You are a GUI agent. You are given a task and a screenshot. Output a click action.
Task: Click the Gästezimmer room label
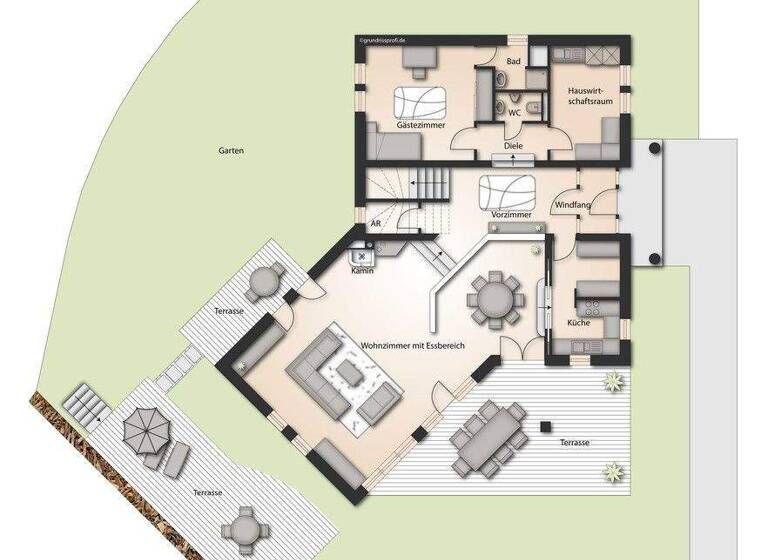tap(420, 127)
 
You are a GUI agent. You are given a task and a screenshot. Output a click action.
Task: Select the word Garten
tap(231, 151)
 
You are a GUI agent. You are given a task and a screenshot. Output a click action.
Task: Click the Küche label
tap(578, 323)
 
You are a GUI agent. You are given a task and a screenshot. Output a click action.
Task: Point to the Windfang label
tap(573, 205)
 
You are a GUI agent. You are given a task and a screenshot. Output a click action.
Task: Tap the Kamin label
tap(361, 271)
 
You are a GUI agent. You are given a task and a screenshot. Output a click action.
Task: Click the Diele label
tap(513, 146)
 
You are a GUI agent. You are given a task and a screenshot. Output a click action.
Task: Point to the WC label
tap(515, 113)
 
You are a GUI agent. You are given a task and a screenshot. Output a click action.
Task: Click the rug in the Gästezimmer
tap(420, 102)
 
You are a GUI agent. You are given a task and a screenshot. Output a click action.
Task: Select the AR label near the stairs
tap(376, 224)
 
